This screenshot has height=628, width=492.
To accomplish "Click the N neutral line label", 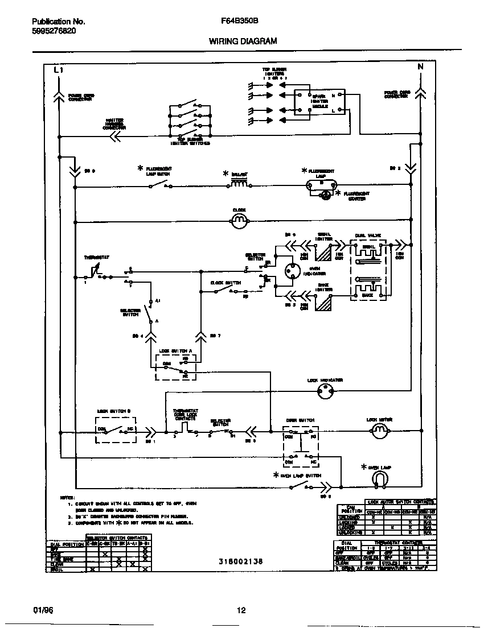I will point(420,67).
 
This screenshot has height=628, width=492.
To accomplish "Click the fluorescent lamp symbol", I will point(321,184).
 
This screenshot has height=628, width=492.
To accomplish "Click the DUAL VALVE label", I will point(366,234).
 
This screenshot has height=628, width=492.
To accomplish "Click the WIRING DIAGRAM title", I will point(243,42).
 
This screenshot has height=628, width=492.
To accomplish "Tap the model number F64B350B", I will point(240,22).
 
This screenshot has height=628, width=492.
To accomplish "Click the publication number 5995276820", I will point(54,31).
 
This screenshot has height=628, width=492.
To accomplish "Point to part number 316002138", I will point(240,561).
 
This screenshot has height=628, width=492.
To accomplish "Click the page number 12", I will point(241,610).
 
